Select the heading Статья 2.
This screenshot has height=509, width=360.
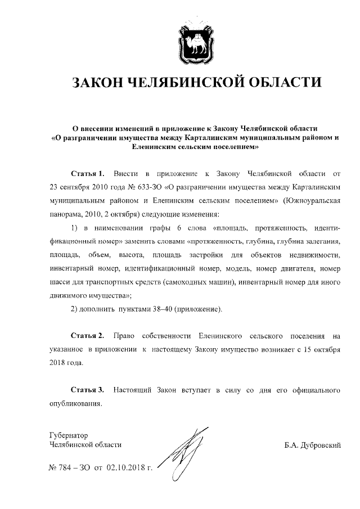pos(88,336)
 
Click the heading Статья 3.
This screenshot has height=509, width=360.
pos(88,389)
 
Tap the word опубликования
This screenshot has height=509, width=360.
pos(70,403)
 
